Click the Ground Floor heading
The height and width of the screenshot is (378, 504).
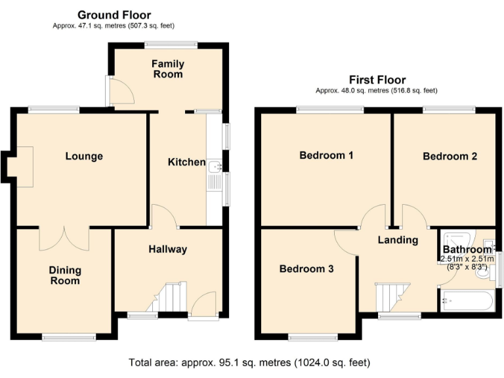pyautogui.click(x=114, y=15)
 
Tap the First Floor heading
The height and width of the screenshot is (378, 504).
pyautogui.click(x=377, y=79)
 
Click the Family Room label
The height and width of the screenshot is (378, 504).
pyautogui.click(x=168, y=69)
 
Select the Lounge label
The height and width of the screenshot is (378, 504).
pyautogui.click(x=84, y=156)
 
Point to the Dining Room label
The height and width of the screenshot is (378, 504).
pyautogui.click(x=65, y=276)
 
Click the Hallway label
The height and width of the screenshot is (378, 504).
pyautogui.click(x=168, y=249)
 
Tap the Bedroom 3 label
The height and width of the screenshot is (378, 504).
pyautogui.click(x=306, y=268)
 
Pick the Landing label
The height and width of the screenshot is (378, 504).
pyautogui.click(x=398, y=240)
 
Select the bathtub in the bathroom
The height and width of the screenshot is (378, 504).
pyautogui.click(x=467, y=301)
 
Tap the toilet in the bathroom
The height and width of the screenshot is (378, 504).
pyautogui.click(x=486, y=274)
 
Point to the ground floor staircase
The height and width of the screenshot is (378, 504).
pyautogui.click(x=167, y=297)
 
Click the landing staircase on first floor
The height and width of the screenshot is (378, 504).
pyautogui.click(x=392, y=297)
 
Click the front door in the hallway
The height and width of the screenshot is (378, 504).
pyautogui.click(x=203, y=305)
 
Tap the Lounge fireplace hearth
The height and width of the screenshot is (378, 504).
pyautogui.click(x=25, y=167)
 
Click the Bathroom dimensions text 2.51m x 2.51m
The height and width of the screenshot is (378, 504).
pyautogui.click(x=467, y=259)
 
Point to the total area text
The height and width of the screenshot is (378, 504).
pyautogui.click(x=249, y=362)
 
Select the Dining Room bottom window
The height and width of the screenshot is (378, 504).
pyautogui.click(x=69, y=337)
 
